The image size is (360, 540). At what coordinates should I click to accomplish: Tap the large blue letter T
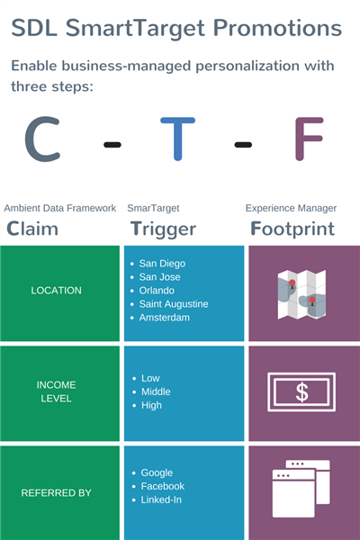(x=178, y=139)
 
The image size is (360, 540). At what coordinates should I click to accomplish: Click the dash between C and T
(x=112, y=145)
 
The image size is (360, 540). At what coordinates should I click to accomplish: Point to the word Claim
(x=32, y=229)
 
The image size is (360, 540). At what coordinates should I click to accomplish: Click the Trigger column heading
(x=163, y=229)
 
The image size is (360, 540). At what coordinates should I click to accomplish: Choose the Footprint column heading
(x=292, y=229)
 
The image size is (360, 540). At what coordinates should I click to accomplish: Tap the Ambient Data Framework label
(x=60, y=208)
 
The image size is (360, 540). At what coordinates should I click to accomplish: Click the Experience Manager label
(x=291, y=209)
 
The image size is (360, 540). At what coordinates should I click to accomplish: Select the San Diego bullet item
(x=162, y=264)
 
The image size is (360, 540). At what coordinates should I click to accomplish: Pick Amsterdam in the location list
(x=165, y=318)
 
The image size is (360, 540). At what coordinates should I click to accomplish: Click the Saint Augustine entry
(x=174, y=304)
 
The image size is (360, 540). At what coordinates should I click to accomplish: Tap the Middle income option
(x=156, y=391)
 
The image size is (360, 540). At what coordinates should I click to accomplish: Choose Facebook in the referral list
(x=163, y=486)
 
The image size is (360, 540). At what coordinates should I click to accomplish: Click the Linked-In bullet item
(x=161, y=499)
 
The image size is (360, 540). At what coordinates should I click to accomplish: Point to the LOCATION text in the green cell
(x=56, y=291)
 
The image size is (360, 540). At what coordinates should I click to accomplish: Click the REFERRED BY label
(x=56, y=493)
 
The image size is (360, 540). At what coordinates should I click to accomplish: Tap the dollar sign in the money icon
(x=301, y=392)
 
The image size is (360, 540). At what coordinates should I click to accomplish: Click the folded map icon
(x=301, y=294)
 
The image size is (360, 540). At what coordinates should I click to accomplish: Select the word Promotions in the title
(x=278, y=28)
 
